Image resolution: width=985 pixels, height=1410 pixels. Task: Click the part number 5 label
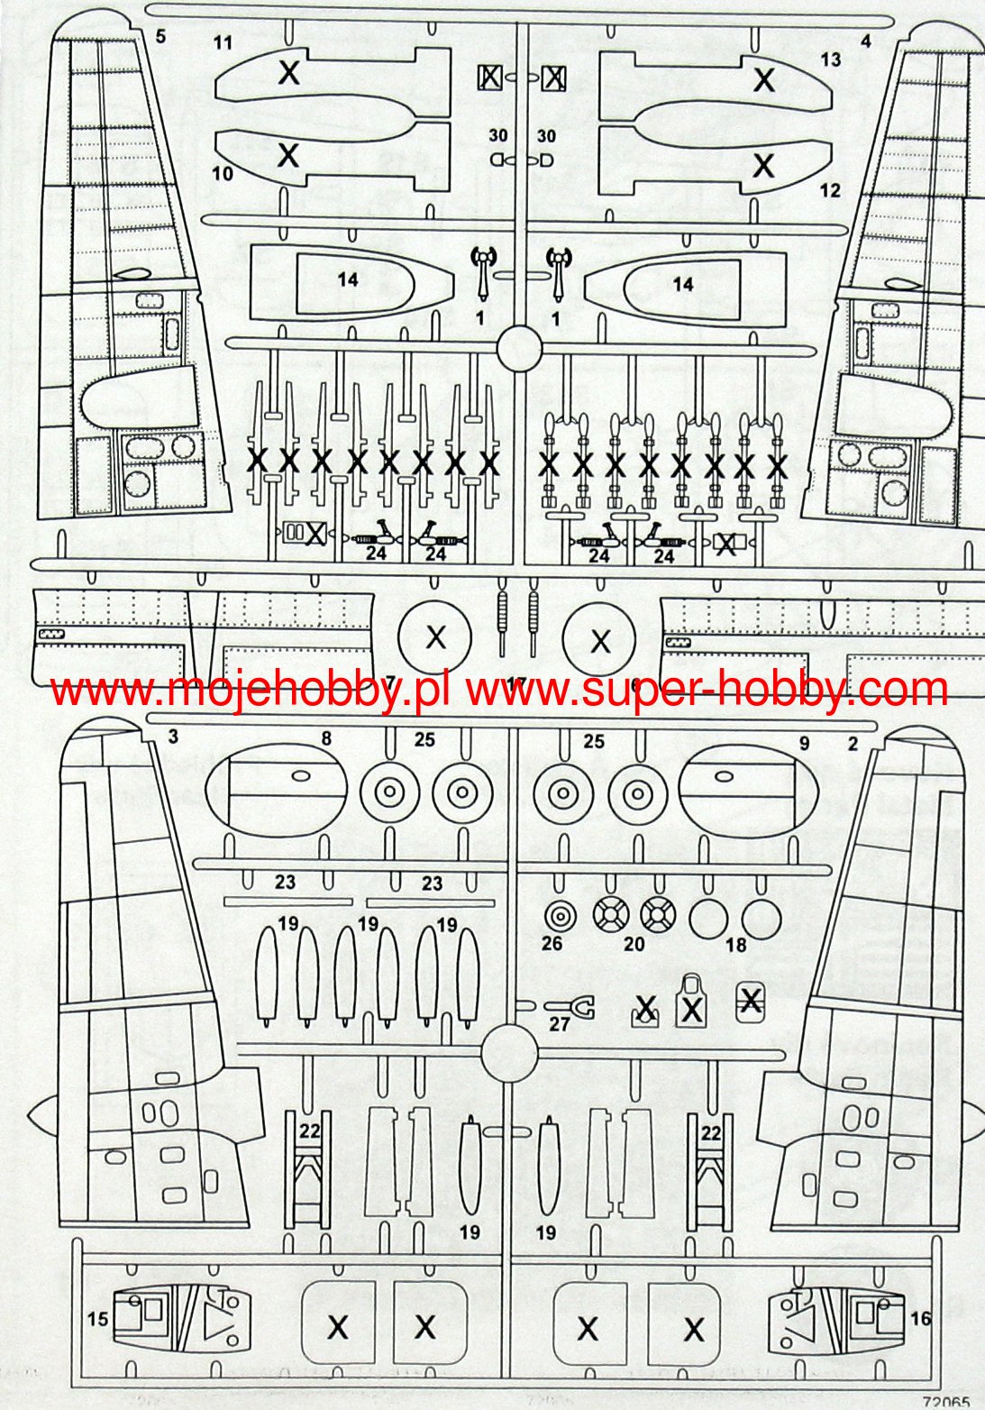[x=160, y=37]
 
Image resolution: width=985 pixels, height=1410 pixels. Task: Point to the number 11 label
[x=223, y=42]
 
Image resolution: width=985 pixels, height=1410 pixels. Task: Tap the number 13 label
[x=830, y=60]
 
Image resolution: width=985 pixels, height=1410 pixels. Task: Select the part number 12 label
[x=830, y=190]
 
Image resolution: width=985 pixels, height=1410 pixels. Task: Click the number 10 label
[x=223, y=171]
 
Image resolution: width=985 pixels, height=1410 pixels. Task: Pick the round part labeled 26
[x=560, y=917]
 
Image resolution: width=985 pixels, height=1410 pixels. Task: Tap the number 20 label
[x=634, y=944]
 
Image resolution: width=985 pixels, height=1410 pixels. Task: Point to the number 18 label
[x=736, y=945]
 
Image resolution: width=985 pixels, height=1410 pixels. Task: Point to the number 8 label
[x=326, y=739]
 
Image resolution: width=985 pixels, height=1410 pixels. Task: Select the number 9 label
[x=805, y=744]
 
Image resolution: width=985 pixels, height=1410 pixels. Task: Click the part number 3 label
[x=173, y=737]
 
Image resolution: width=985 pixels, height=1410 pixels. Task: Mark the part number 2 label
[x=853, y=744]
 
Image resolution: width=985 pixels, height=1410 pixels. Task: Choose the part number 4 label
[x=866, y=41]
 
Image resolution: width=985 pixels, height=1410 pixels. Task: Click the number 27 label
[x=560, y=1024]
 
